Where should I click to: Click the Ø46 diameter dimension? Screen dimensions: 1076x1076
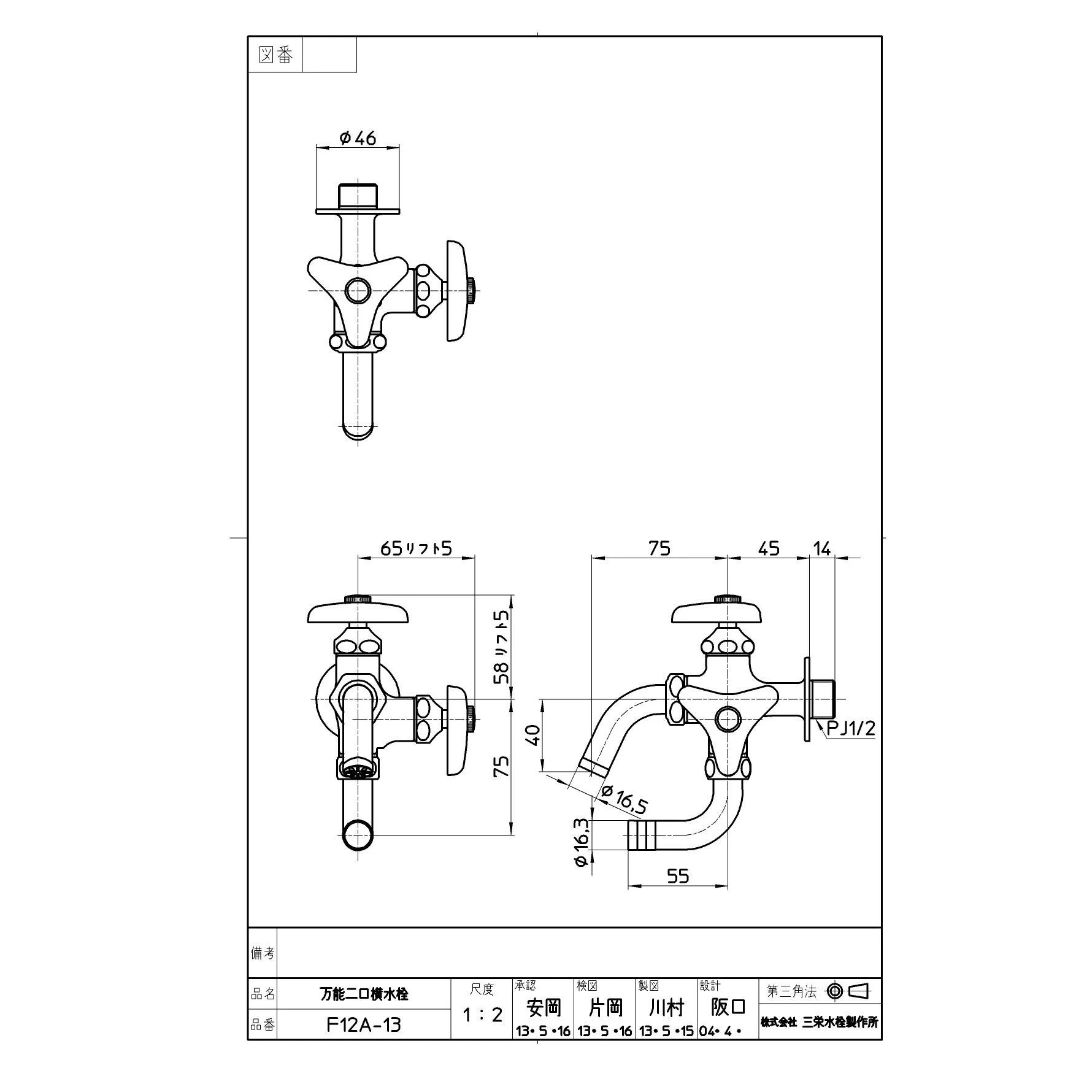click(358, 139)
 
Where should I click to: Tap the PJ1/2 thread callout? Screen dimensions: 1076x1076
click(850, 728)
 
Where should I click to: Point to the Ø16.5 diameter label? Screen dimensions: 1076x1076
click(623, 799)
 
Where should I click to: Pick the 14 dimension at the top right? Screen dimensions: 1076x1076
click(821, 548)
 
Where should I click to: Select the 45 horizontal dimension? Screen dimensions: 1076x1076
click(769, 548)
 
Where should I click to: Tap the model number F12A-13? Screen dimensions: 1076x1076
click(364, 1024)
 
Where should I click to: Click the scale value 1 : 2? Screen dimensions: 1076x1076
click(482, 1015)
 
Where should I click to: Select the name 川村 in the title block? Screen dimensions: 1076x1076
click(666, 1007)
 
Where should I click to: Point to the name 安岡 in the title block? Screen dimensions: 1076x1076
click(544, 1007)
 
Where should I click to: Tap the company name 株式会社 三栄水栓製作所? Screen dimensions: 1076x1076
click(820, 1022)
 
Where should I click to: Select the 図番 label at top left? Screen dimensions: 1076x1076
click(275, 56)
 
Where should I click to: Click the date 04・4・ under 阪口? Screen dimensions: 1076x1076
click(720, 1031)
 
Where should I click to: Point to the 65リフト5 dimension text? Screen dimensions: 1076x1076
click(416, 548)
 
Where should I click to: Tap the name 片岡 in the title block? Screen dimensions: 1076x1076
click(605, 1007)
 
